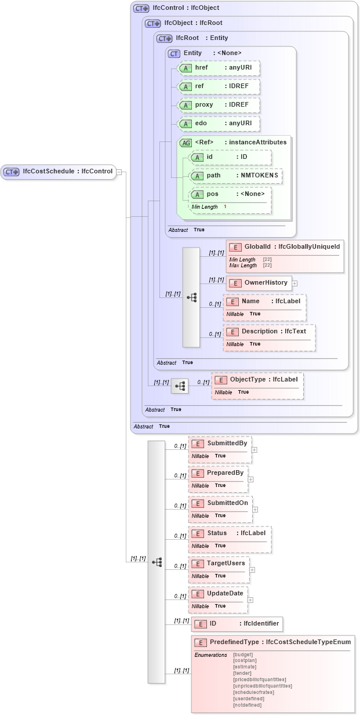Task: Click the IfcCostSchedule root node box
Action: pos(58,172)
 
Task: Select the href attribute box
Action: pos(218,68)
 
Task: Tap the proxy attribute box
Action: pos(218,106)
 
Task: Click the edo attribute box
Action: pos(218,124)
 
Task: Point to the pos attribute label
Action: pos(212,194)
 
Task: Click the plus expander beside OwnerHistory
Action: pos(294,284)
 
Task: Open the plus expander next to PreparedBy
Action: pos(251,479)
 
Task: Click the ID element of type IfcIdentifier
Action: pos(237,624)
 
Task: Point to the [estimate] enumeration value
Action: pos(243,667)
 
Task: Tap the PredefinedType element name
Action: pos(235,642)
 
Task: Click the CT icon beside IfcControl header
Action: pos(141,9)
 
